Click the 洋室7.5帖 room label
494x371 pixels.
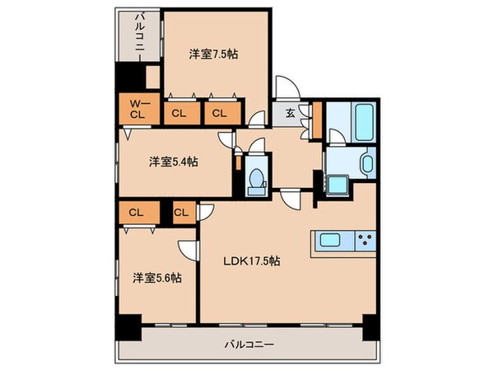pos(214,54)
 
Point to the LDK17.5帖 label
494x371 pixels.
pos(253,261)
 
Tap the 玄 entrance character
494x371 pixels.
pos(292,115)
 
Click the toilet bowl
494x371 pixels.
pos(256,178)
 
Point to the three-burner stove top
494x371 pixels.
pos(364,241)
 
